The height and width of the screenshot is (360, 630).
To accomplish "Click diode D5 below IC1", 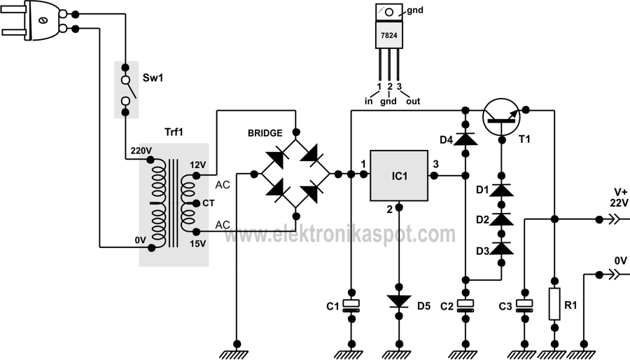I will tap(399, 302).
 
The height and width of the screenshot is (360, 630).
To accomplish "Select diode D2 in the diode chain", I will tap(501, 219).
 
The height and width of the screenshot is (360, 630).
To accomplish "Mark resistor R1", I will tap(554, 304).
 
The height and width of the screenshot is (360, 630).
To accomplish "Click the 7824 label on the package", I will tap(390, 36).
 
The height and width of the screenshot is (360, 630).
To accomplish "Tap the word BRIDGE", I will tap(265, 133).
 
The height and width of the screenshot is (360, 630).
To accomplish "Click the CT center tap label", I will tap(208, 203).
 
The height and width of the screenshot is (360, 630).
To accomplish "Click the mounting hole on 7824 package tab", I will tap(389, 12).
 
